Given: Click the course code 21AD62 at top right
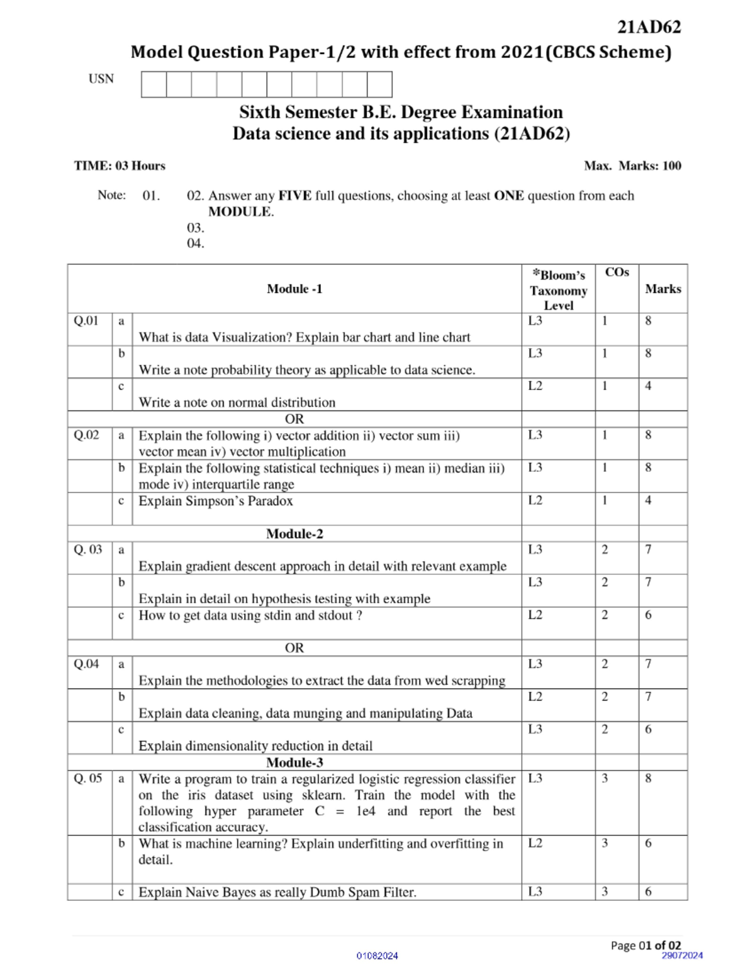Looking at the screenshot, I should click(649, 27).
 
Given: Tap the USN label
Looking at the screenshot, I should click(101, 79).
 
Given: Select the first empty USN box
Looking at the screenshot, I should click(154, 84).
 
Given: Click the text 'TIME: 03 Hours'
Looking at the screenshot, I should click(120, 166).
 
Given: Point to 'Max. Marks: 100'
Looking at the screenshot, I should click(632, 166).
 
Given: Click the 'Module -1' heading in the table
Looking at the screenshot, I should click(294, 289).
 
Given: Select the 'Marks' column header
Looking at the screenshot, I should click(663, 289).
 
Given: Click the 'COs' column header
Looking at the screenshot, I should click(617, 272).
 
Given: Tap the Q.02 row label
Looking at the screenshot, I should click(86, 435).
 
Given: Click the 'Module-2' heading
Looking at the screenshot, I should click(294, 534).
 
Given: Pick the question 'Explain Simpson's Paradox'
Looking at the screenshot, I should click(216, 501).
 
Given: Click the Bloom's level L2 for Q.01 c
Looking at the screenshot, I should click(535, 386).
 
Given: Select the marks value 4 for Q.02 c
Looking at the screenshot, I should click(648, 501).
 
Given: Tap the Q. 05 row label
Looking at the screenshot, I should click(87, 779).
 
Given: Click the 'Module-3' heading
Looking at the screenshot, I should click(294, 763).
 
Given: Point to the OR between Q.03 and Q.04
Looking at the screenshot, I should click(294, 648).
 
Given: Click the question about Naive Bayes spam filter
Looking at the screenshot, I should click(277, 892).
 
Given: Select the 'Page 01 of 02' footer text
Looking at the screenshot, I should click(646, 946).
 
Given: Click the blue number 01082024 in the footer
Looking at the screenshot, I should click(377, 956).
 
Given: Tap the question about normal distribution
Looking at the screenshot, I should click(237, 403).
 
